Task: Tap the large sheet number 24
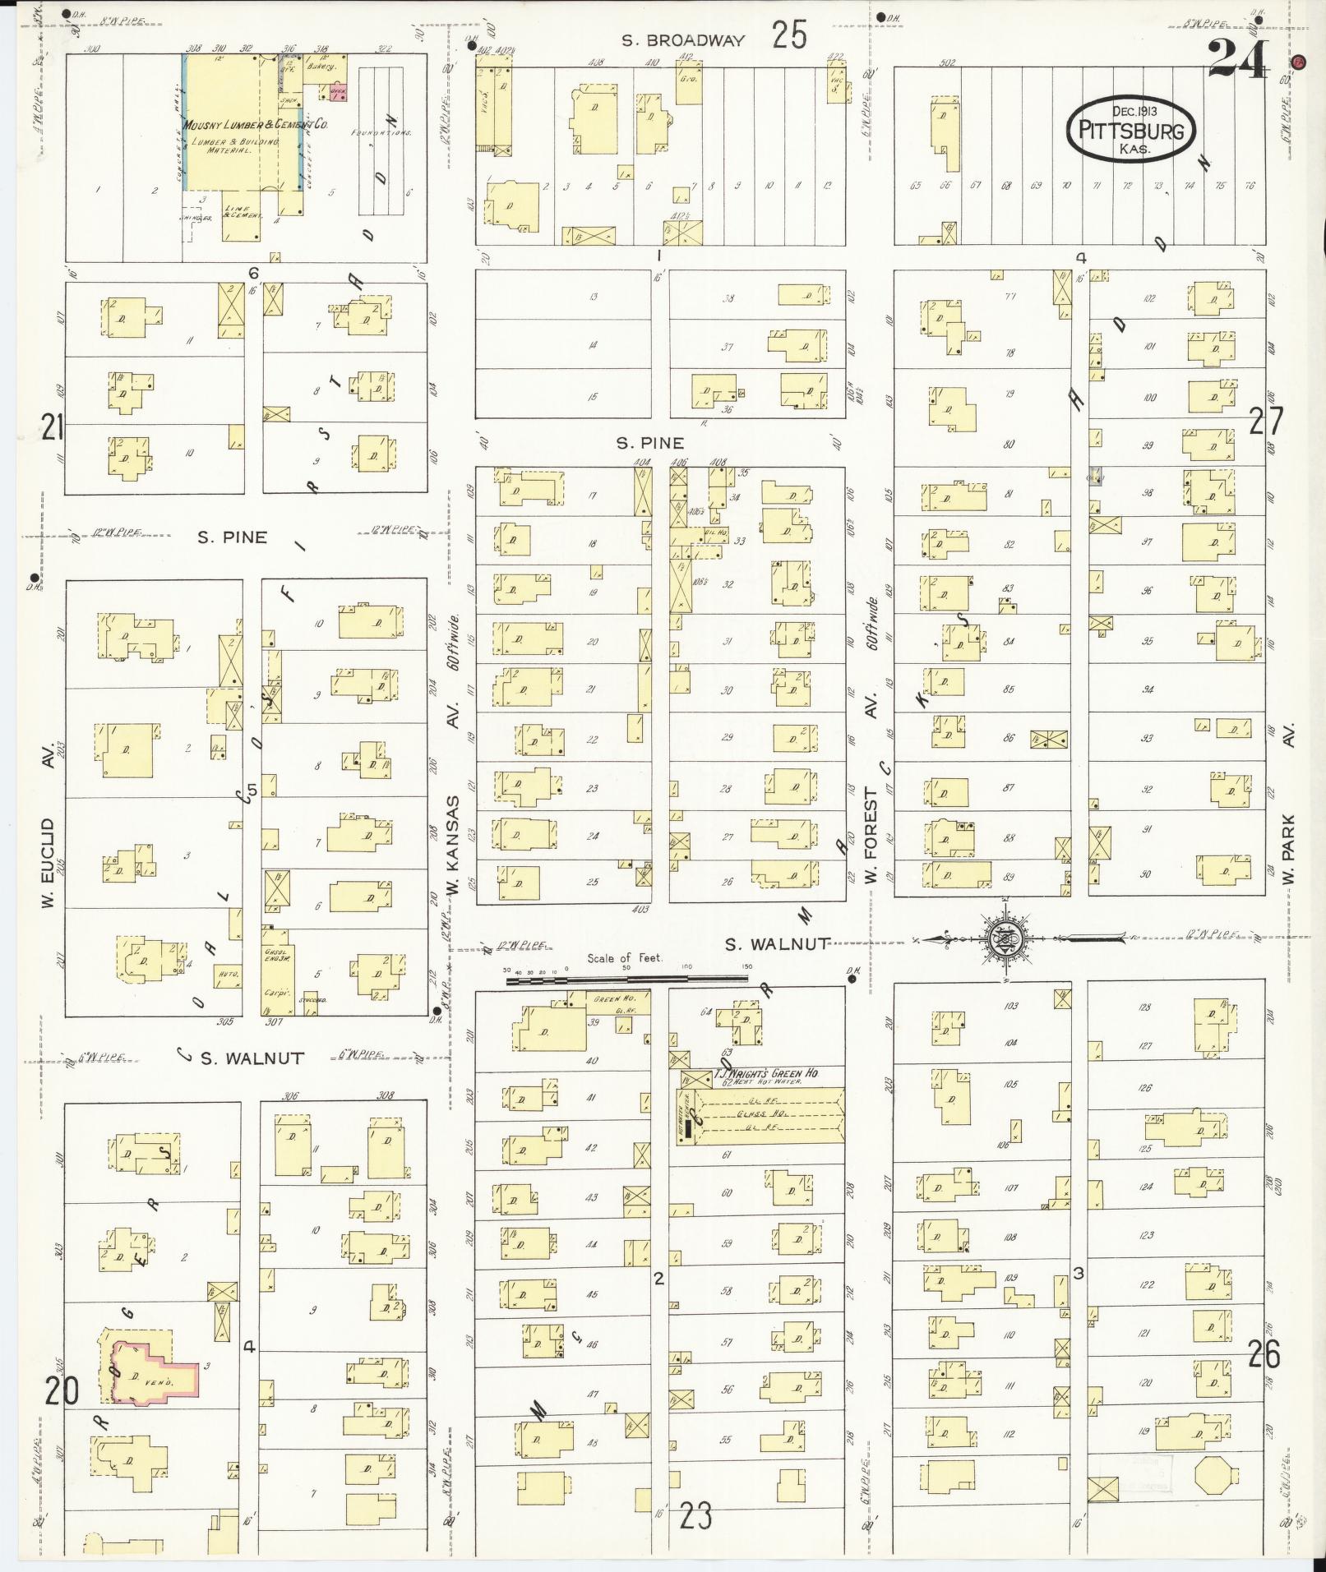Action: point(1238,59)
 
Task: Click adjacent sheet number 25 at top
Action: point(788,36)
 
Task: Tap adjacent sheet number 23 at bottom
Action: point(695,1516)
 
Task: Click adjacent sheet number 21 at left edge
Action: point(53,427)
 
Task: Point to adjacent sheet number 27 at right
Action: point(1265,422)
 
